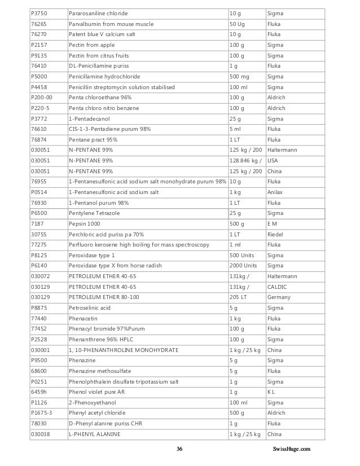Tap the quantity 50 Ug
pyautogui.click(x=237, y=24)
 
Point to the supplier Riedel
pyautogui.click(x=275, y=234)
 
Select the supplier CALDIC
pyautogui.click(x=278, y=287)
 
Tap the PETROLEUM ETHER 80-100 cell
pyautogui.click(x=104, y=297)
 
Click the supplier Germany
pyautogui.click(x=279, y=297)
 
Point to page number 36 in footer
pyautogui.click(x=179, y=449)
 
